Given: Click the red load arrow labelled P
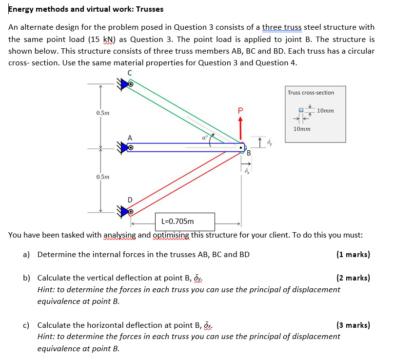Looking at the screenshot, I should click(x=240, y=128).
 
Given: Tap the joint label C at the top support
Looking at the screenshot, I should click(x=129, y=73).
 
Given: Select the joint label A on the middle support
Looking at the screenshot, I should click(x=130, y=138).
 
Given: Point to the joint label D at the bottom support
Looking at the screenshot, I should click(x=130, y=200).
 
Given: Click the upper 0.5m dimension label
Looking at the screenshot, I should click(x=103, y=113).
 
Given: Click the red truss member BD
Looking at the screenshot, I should click(x=185, y=180).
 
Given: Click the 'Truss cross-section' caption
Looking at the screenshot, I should click(x=311, y=93).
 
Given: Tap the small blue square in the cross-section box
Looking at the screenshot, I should click(x=301, y=111).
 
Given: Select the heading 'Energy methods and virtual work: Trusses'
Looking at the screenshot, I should click(x=86, y=9).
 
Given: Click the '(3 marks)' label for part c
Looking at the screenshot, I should click(x=353, y=325).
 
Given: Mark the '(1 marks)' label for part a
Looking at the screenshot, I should click(x=353, y=254).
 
